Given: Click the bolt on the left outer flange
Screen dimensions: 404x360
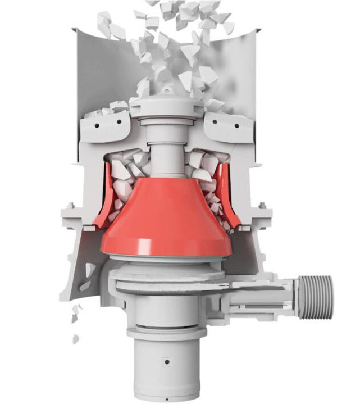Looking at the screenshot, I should click(x=70, y=206).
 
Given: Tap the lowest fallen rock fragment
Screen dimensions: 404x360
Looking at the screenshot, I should click(x=75, y=339).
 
